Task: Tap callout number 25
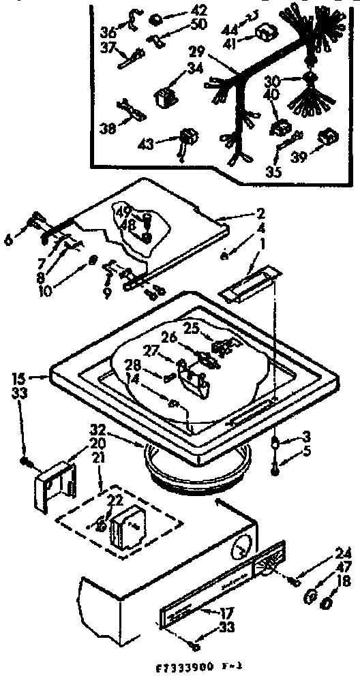click(x=191, y=328)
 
